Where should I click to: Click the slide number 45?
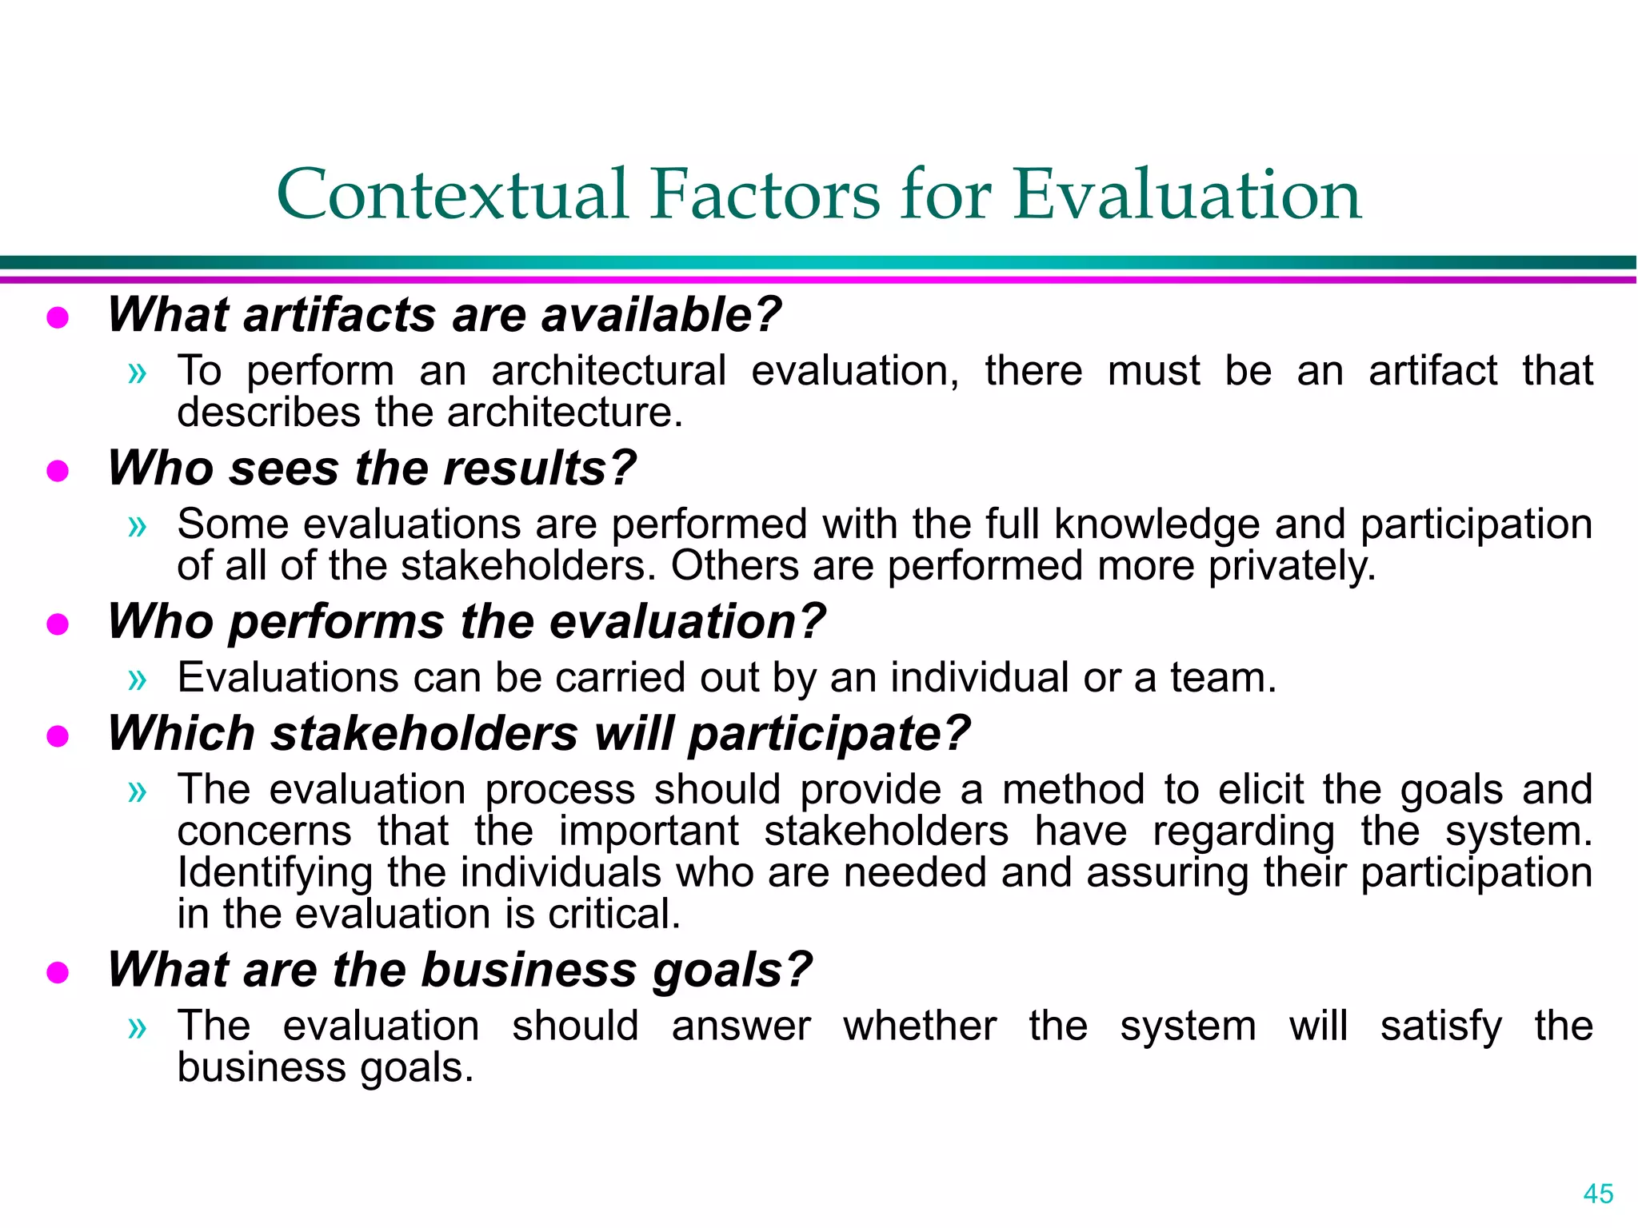click(x=1598, y=1194)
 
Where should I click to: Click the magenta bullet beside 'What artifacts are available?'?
click(x=58, y=318)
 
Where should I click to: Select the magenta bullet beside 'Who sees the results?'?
click(x=58, y=471)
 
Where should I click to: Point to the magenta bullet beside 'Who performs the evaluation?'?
click(x=58, y=624)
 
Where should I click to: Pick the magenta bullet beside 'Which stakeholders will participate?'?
click(x=58, y=736)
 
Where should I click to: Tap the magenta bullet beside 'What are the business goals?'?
click(x=58, y=972)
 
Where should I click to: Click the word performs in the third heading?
click(x=336, y=622)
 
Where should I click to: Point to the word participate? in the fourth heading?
click(x=829, y=734)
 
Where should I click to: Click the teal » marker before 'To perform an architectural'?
click(x=138, y=372)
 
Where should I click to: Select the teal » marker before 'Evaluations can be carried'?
click(x=138, y=679)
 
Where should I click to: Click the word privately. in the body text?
click(x=1292, y=566)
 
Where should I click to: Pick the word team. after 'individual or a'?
click(x=1224, y=678)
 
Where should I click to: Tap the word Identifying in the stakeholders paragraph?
click(x=274, y=872)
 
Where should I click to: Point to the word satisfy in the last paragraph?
click(x=1440, y=1027)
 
